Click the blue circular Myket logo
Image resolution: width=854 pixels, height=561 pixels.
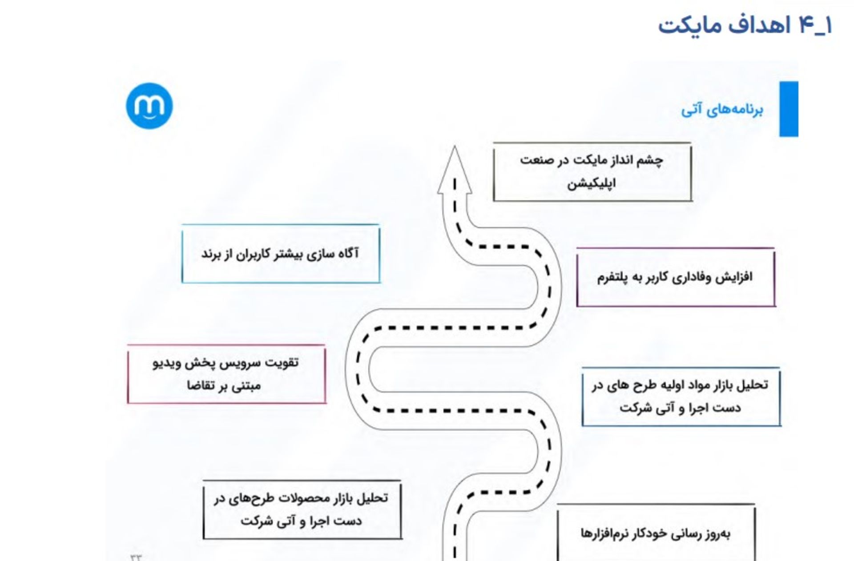(x=149, y=106)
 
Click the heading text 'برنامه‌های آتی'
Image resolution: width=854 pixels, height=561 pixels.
(x=722, y=109)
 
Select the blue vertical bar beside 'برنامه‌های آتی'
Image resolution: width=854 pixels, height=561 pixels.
(x=789, y=109)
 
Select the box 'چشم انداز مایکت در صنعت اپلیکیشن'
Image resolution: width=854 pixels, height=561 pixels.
(x=592, y=172)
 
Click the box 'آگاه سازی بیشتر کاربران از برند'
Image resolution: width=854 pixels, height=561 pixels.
(x=281, y=254)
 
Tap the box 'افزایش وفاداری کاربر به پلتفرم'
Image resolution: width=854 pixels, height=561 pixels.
(x=675, y=278)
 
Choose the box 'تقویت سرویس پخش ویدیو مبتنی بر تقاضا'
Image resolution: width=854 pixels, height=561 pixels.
(x=226, y=374)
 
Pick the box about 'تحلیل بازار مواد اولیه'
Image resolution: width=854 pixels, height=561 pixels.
(x=681, y=397)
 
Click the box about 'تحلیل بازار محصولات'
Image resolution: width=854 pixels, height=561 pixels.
(x=302, y=510)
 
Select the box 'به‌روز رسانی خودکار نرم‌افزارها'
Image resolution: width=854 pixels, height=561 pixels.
(x=656, y=533)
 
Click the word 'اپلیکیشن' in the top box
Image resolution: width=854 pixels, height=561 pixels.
(x=591, y=183)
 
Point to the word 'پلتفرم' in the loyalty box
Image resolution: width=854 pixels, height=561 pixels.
(x=612, y=278)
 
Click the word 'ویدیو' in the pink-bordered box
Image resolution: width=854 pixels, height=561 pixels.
(x=166, y=363)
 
